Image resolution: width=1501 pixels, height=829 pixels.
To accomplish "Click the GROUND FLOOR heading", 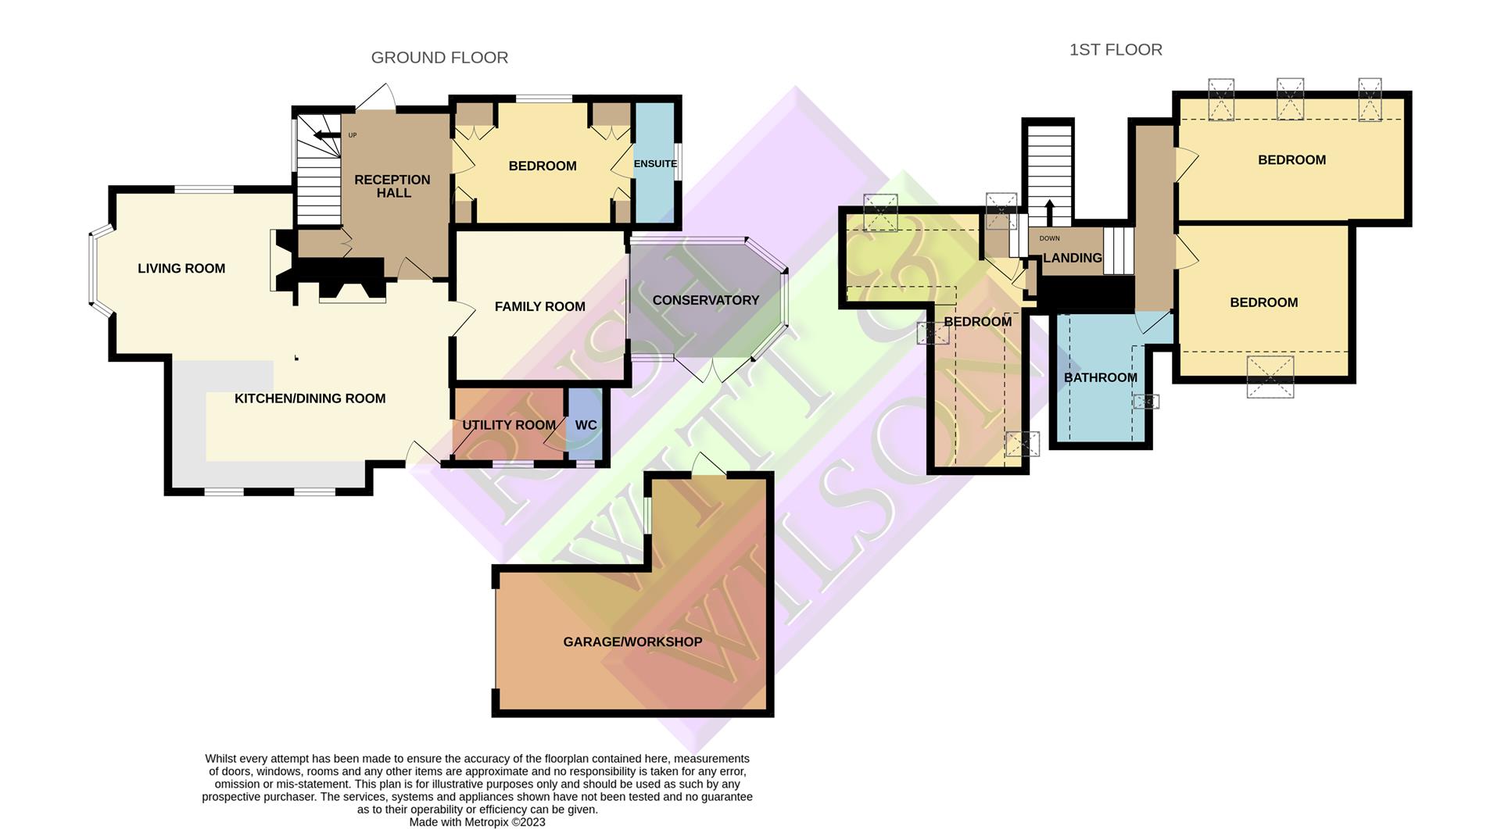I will [439, 58].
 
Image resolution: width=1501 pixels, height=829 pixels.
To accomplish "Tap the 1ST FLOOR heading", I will [1116, 50].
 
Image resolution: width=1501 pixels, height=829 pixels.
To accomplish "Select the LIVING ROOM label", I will [181, 269].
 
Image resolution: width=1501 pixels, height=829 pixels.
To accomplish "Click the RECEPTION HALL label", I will [392, 186].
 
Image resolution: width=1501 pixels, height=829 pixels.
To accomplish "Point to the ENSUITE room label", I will [655, 164].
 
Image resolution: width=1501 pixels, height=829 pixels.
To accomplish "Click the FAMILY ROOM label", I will [539, 307].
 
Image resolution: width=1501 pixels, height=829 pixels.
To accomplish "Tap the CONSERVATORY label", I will [705, 301].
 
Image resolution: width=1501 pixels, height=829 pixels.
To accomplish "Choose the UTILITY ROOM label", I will [508, 425].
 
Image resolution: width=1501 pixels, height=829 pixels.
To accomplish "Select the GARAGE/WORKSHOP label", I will [632, 642].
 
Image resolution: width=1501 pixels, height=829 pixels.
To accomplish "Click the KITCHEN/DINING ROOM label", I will [310, 398].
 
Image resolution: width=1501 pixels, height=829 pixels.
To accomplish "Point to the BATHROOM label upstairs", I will [1100, 378].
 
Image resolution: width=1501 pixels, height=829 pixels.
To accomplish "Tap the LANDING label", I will [1072, 258].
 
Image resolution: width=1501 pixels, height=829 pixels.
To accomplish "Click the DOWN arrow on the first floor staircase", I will [1049, 210].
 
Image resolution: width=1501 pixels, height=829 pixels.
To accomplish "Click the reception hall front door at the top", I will [378, 97].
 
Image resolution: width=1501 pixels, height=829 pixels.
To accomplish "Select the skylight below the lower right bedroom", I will [1270, 377].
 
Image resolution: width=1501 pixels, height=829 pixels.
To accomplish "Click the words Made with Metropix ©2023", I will [477, 822].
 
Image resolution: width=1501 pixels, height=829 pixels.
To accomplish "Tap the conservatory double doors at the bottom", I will [713, 370].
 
